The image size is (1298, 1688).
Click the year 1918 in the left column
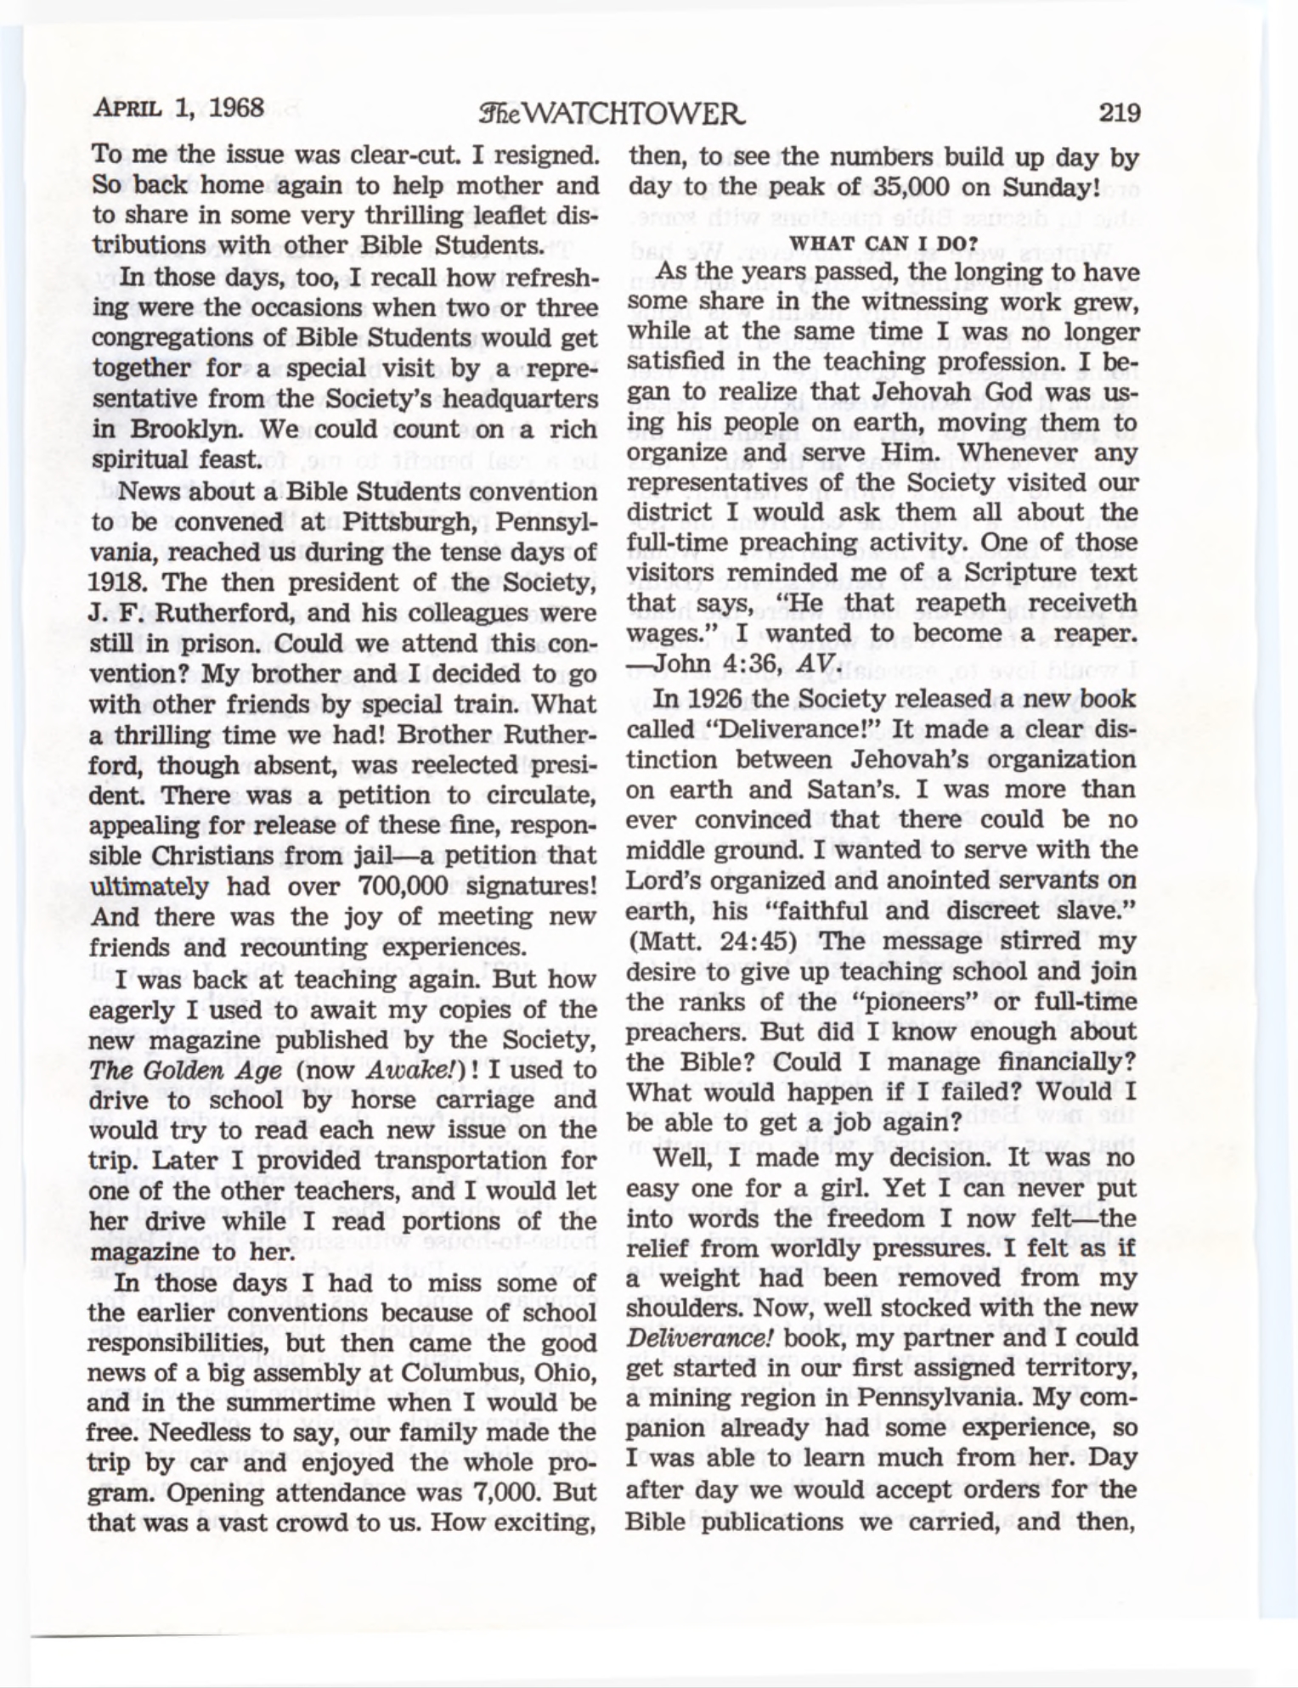116,583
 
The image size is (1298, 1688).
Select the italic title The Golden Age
186,1070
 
